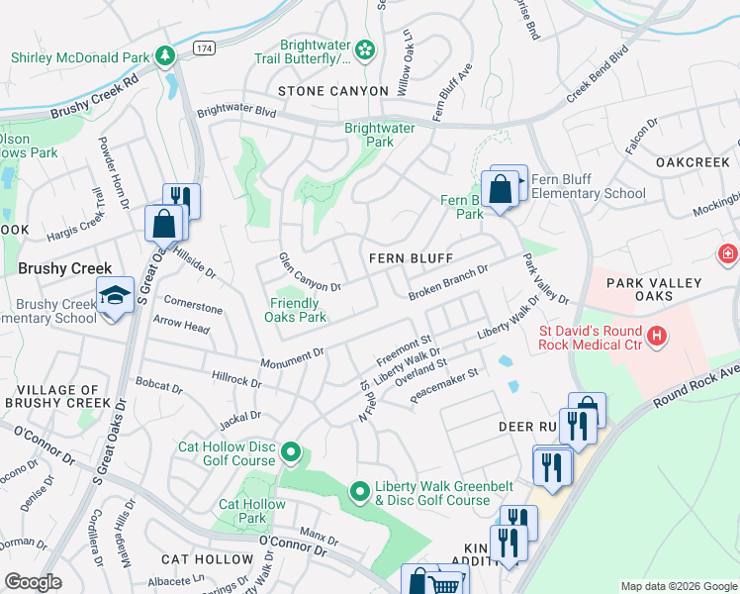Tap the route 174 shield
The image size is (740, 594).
pos(204,48)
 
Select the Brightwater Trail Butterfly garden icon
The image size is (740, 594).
pos(365,49)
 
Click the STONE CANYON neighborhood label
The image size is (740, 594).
pos(332,91)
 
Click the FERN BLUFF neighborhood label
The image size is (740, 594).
pos(411,258)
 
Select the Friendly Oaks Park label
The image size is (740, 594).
pos(295,311)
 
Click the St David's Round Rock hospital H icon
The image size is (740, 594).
pos(656,338)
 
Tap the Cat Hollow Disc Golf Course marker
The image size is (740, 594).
pos(290,453)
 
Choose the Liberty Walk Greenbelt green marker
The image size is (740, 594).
pos(361,490)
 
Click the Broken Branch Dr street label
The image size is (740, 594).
pos(449,283)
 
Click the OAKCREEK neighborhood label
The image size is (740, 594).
pos(693,161)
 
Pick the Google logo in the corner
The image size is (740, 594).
pos(34,582)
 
